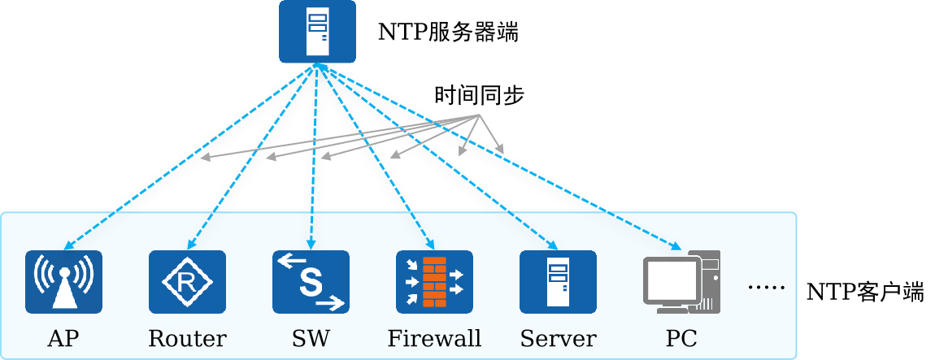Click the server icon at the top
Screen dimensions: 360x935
coord(317,32)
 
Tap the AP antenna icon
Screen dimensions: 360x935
coord(63,282)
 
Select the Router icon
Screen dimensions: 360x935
coord(187,282)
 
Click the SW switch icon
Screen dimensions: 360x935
coord(311,282)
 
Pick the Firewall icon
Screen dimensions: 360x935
coord(434,282)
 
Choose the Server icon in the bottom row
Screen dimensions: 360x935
coord(558,282)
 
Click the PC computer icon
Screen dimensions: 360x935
coord(681,282)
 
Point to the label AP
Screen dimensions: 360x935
coord(63,338)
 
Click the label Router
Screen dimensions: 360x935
coord(187,338)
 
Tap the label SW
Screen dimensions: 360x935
coord(311,338)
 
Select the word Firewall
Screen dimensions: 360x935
coord(434,338)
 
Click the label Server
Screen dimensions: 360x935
coord(558,338)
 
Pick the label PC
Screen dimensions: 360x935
coord(681,338)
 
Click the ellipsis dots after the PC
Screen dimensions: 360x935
coord(765,288)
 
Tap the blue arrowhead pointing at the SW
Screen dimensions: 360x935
coord(310,245)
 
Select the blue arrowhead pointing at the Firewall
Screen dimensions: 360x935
coord(430,245)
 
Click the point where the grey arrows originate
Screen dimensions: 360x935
coord(478,115)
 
